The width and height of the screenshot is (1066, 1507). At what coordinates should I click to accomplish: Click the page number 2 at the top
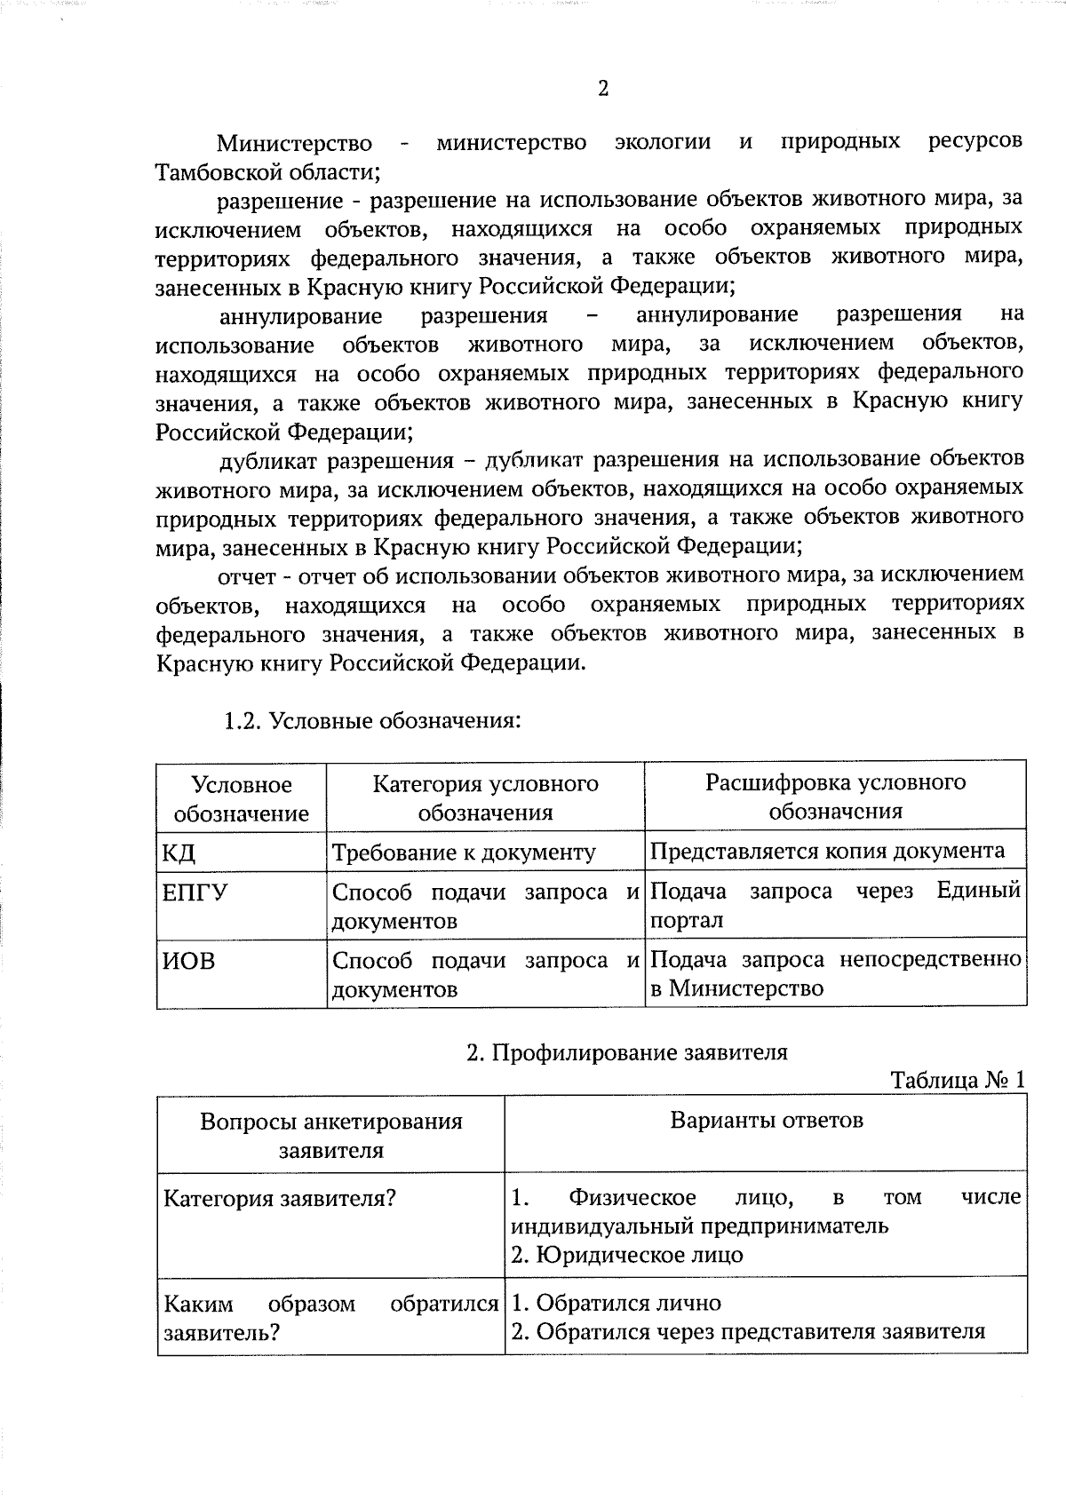(x=603, y=89)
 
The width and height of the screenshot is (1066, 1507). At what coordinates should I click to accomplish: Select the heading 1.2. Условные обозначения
(x=371, y=719)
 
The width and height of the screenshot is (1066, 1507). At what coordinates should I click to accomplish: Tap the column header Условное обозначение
(x=242, y=798)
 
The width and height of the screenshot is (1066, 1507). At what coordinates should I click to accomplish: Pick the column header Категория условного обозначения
(x=485, y=797)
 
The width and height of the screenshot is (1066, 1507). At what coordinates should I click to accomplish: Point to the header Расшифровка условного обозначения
(x=835, y=797)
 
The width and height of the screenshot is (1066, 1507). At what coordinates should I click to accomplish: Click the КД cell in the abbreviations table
(x=179, y=853)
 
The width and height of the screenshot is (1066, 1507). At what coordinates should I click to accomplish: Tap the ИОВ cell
(x=188, y=961)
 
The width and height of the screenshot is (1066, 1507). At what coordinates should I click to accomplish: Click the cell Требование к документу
(x=464, y=853)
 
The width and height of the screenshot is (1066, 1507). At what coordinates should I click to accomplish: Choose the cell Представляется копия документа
(x=827, y=851)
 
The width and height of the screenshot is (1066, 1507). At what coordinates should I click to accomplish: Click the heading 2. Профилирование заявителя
(x=627, y=1052)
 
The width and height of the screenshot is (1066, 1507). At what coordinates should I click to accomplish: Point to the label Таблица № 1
(x=958, y=1080)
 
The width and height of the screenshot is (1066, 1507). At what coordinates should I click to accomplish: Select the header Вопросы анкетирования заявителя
(x=331, y=1135)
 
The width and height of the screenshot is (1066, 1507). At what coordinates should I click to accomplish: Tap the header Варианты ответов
(x=767, y=1120)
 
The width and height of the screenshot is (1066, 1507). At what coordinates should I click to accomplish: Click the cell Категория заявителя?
(x=280, y=1198)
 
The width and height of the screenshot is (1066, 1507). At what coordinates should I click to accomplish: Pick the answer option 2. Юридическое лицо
(x=627, y=1255)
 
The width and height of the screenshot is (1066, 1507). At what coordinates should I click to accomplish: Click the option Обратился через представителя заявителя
(x=760, y=1332)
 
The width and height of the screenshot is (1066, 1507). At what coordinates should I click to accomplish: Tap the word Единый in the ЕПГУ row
(x=978, y=891)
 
